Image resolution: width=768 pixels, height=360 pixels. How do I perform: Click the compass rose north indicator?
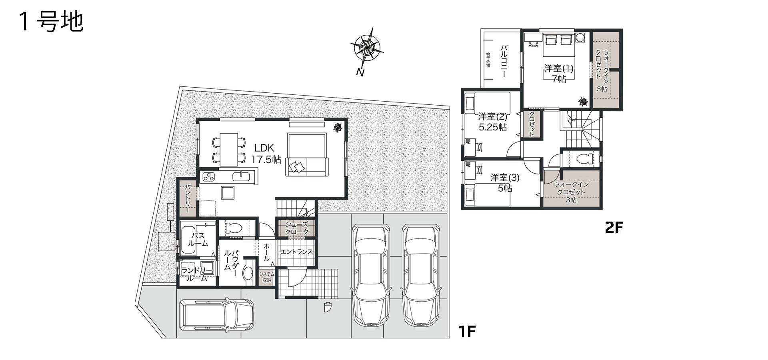click(x=367, y=50)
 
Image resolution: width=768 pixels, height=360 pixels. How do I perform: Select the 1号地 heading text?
click(x=51, y=22)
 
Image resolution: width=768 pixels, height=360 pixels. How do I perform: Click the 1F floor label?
click(x=467, y=331)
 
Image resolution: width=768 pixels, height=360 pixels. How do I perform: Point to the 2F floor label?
click(x=614, y=227)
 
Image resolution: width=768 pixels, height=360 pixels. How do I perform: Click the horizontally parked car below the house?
click(x=216, y=315)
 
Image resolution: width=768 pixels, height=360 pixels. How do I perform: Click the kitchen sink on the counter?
click(x=241, y=176)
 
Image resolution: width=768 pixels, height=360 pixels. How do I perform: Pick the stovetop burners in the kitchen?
click(x=208, y=176)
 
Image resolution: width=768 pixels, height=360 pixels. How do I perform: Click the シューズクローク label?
click(x=297, y=228)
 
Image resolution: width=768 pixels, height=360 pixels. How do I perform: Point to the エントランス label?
click(x=296, y=252)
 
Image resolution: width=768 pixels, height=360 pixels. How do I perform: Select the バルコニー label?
click(x=504, y=61)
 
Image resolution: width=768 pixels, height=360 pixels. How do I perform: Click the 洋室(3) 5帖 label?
click(x=505, y=182)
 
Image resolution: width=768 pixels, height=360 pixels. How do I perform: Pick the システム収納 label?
click(x=267, y=277)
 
